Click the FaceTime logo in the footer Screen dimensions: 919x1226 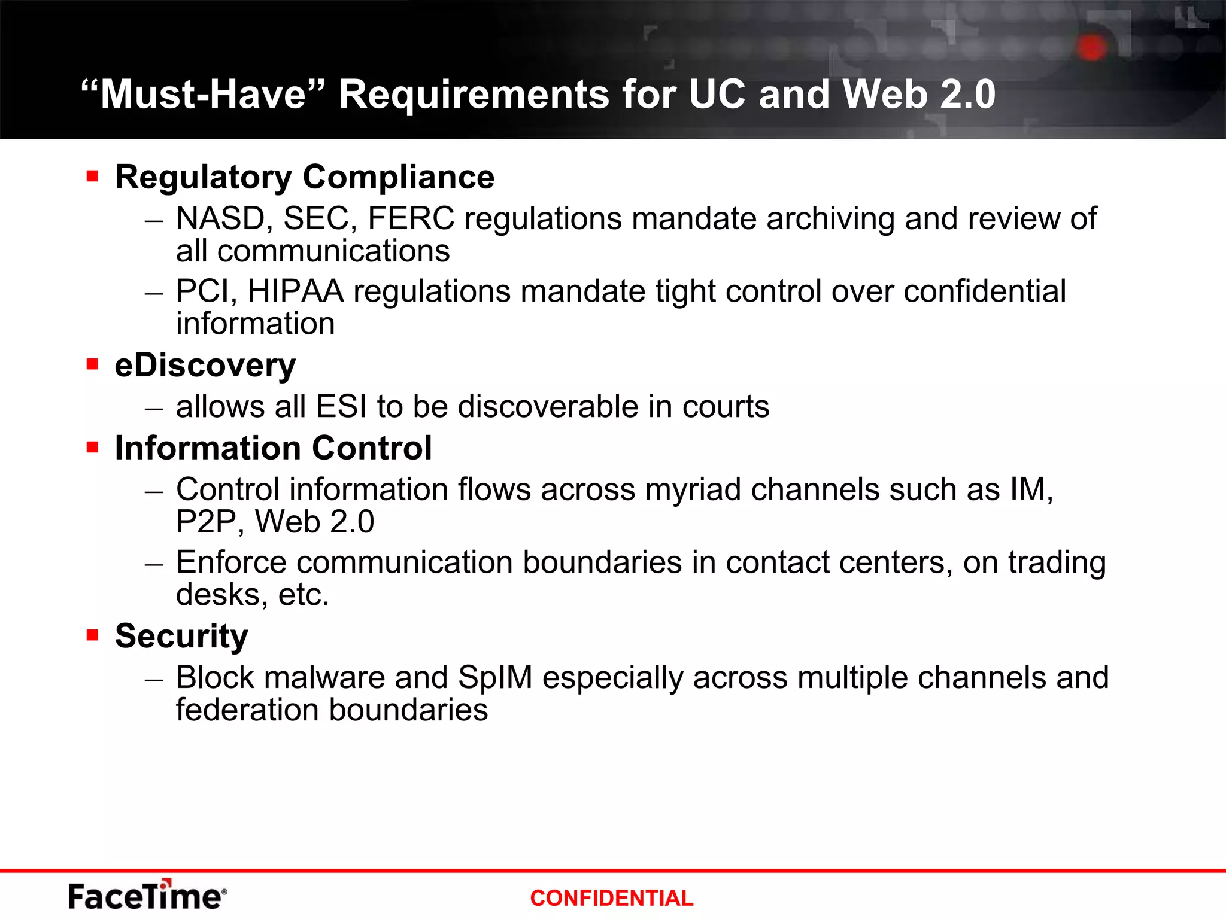click(147, 896)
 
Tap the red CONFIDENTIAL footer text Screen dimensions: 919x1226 click(611, 898)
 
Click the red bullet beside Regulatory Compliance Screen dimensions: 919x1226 click(92, 176)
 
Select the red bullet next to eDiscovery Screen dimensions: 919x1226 click(92, 364)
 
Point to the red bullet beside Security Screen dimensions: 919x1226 click(92, 635)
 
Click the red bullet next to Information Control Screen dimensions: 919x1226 click(92, 447)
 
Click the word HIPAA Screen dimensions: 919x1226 click(295, 291)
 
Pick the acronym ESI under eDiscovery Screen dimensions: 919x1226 click(341, 407)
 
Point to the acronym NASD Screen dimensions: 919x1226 click(220, 218)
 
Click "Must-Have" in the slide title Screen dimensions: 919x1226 click(202, 95)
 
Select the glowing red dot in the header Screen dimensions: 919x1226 click(1092, 47)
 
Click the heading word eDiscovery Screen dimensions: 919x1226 click(205, 365)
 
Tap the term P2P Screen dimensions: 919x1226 click(206, 522)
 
